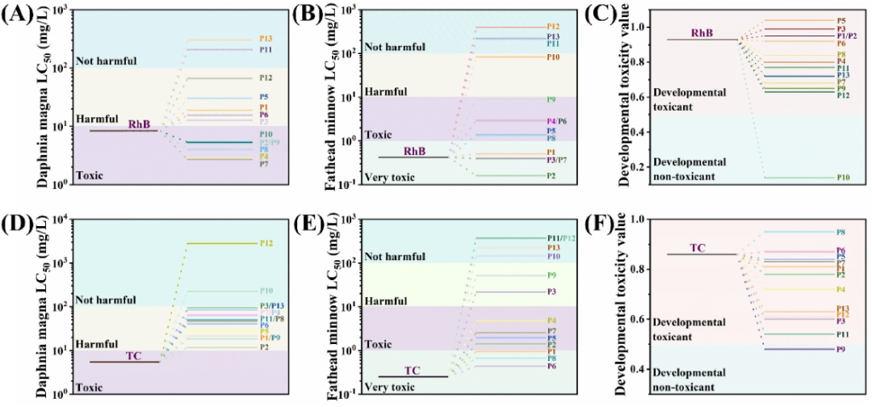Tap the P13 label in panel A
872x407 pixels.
click(266, 39)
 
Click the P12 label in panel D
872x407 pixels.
click(266, 243)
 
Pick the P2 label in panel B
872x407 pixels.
click(551, 175)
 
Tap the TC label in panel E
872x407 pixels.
click(413, 370)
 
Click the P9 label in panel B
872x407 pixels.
click(551, 99)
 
